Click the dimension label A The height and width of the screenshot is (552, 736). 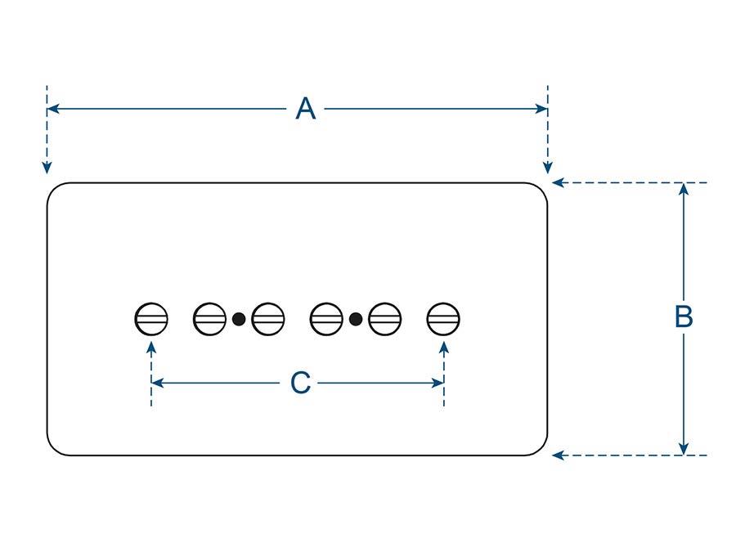[305, 109]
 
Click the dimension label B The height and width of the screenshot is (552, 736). [684, 317]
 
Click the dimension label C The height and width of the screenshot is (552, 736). [300, 383]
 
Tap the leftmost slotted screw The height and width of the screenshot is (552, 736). [151, 318]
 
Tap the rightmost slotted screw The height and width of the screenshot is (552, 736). [443, 318]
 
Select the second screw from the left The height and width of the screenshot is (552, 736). [209, 318]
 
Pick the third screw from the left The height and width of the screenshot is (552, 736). [267, 318]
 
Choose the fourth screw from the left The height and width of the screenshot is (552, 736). [327, 318]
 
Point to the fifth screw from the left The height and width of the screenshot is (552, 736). [385, 318]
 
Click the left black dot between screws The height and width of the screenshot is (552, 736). [239, 318]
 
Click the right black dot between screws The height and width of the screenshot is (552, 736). [356, 318]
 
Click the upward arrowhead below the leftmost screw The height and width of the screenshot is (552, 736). [151, 348]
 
